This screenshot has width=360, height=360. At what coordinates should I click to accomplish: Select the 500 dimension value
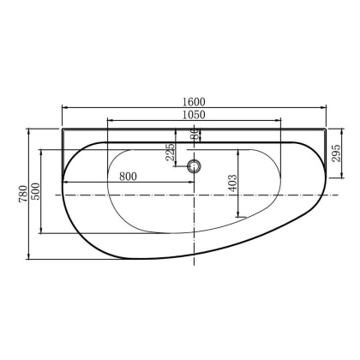coord(35,189)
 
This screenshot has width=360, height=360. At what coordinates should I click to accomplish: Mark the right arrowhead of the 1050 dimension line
coord(282,121)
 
